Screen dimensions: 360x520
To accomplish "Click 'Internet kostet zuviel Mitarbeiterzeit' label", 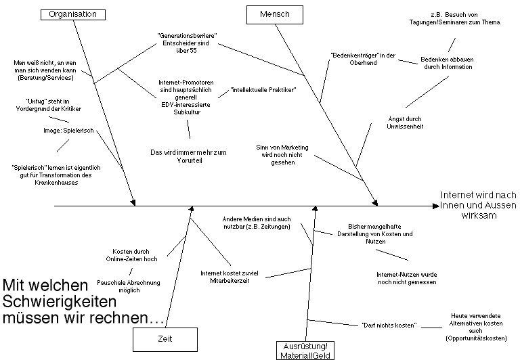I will click(235, 277).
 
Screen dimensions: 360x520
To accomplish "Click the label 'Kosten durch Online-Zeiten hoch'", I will click(131, 255).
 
